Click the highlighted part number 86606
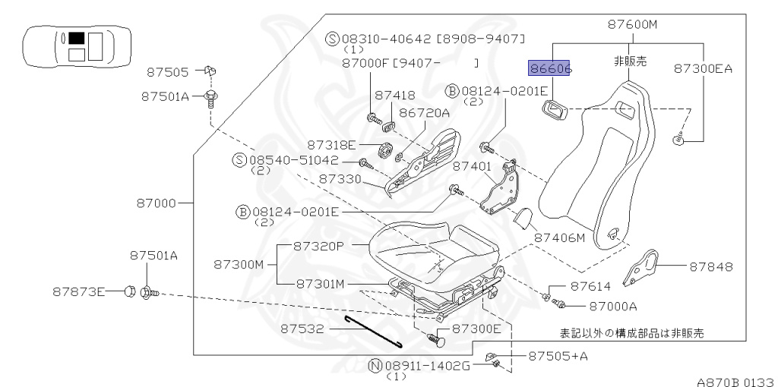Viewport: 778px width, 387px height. [550, 69]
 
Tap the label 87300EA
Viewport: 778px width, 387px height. [703, 68]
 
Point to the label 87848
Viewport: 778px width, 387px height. [711, 266]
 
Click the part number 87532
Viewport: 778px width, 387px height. [302, 329]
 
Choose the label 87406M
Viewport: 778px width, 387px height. [560, 238]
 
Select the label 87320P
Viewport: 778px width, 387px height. [320, 247]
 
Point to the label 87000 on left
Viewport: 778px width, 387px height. [157, 203]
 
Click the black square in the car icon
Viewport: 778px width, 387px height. [76, 37]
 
